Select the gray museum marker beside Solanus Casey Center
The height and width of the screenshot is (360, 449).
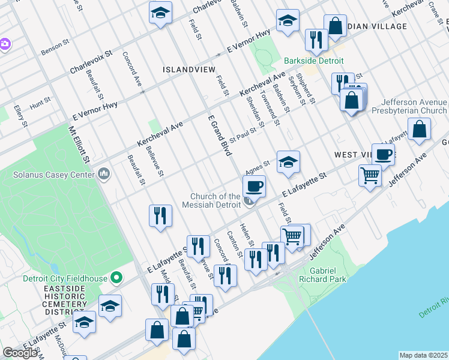[x=104, y=175]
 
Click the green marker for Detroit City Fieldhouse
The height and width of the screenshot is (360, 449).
[x=117, y=278]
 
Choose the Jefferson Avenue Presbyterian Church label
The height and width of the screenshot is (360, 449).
[x=409, y=106]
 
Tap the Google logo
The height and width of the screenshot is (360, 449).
[x=20, y=353]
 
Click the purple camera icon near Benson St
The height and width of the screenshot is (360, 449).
[x=4, y=44]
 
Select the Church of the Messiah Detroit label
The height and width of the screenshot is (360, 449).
[x=215, y=200]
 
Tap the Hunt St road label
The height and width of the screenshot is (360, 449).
[x=40, y=104]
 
